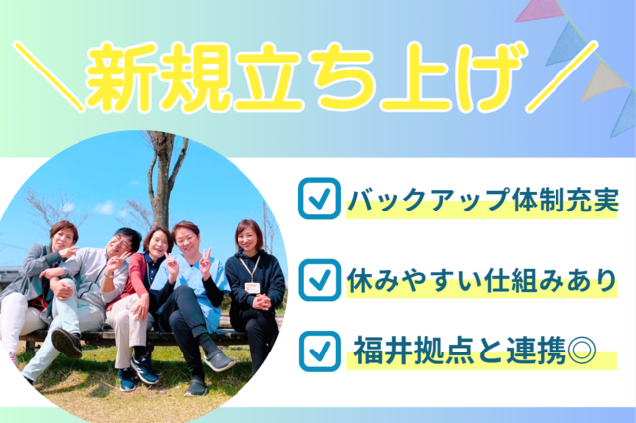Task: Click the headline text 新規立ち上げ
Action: click(302, 75)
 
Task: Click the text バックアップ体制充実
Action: click(483, 202)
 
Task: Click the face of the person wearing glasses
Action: click(125, 244)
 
